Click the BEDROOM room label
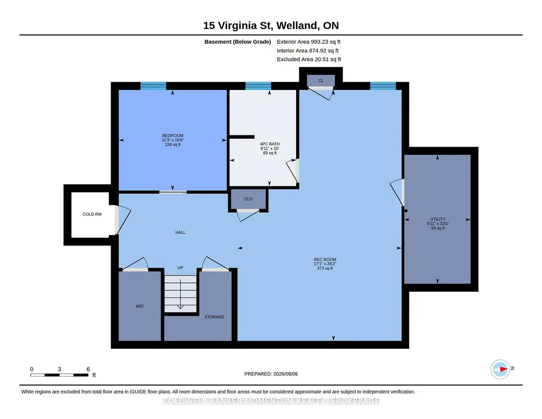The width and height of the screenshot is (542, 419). [172, 135]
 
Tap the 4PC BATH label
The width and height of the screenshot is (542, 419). [270, 144]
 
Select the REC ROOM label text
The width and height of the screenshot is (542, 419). [325, 259]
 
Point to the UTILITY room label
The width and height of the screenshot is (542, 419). [438, 219]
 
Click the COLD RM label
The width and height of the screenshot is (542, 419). [92, 214]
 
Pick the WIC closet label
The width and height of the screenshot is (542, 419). [140, 306]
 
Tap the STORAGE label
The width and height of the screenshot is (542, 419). [214, 317]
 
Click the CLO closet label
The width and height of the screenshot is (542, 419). [248, 199]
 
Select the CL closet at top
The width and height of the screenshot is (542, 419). [321, 80]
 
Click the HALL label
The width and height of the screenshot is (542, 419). [180, 233]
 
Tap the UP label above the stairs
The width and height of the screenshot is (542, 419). [180, 268]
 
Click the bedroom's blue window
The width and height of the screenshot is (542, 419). [153, 86]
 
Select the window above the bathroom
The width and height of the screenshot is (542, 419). [258, 86]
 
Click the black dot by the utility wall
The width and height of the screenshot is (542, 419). [406, 211]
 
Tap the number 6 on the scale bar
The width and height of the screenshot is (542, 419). [88, 369]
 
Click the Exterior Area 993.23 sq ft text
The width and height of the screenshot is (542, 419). [309, 42]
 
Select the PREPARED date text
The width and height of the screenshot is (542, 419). [271, 374]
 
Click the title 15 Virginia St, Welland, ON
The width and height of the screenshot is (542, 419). [271, 25]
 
